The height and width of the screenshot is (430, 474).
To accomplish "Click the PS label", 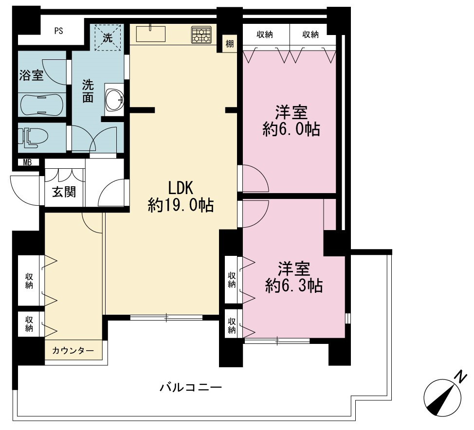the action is click(59, 31).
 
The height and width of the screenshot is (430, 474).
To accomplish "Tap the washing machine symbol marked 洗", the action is click(108, 37).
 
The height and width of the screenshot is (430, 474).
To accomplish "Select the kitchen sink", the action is click(150, 34).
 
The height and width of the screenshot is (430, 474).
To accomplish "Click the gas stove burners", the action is click(201, 35).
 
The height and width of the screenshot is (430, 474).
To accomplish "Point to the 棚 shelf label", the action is click(230, 44).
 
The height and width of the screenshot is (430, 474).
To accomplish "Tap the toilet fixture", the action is click(33, 138).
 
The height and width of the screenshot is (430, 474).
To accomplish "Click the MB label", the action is click(27, 162).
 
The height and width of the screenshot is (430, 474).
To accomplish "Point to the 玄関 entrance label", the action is click(64, 192).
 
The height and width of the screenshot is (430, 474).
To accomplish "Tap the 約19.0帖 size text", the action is click(181, 205).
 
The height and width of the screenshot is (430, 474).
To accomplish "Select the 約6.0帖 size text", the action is click(291, 129).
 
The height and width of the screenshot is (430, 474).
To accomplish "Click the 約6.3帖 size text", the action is click(294, 286).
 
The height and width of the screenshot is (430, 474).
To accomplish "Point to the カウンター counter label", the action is click(73, 351).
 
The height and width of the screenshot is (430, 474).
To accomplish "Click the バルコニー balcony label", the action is click(191, 387).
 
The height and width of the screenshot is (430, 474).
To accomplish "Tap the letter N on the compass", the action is click(460, 377).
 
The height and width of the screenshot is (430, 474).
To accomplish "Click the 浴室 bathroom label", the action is click(32, 75).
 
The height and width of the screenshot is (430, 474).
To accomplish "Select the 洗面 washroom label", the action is click(88, 91).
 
